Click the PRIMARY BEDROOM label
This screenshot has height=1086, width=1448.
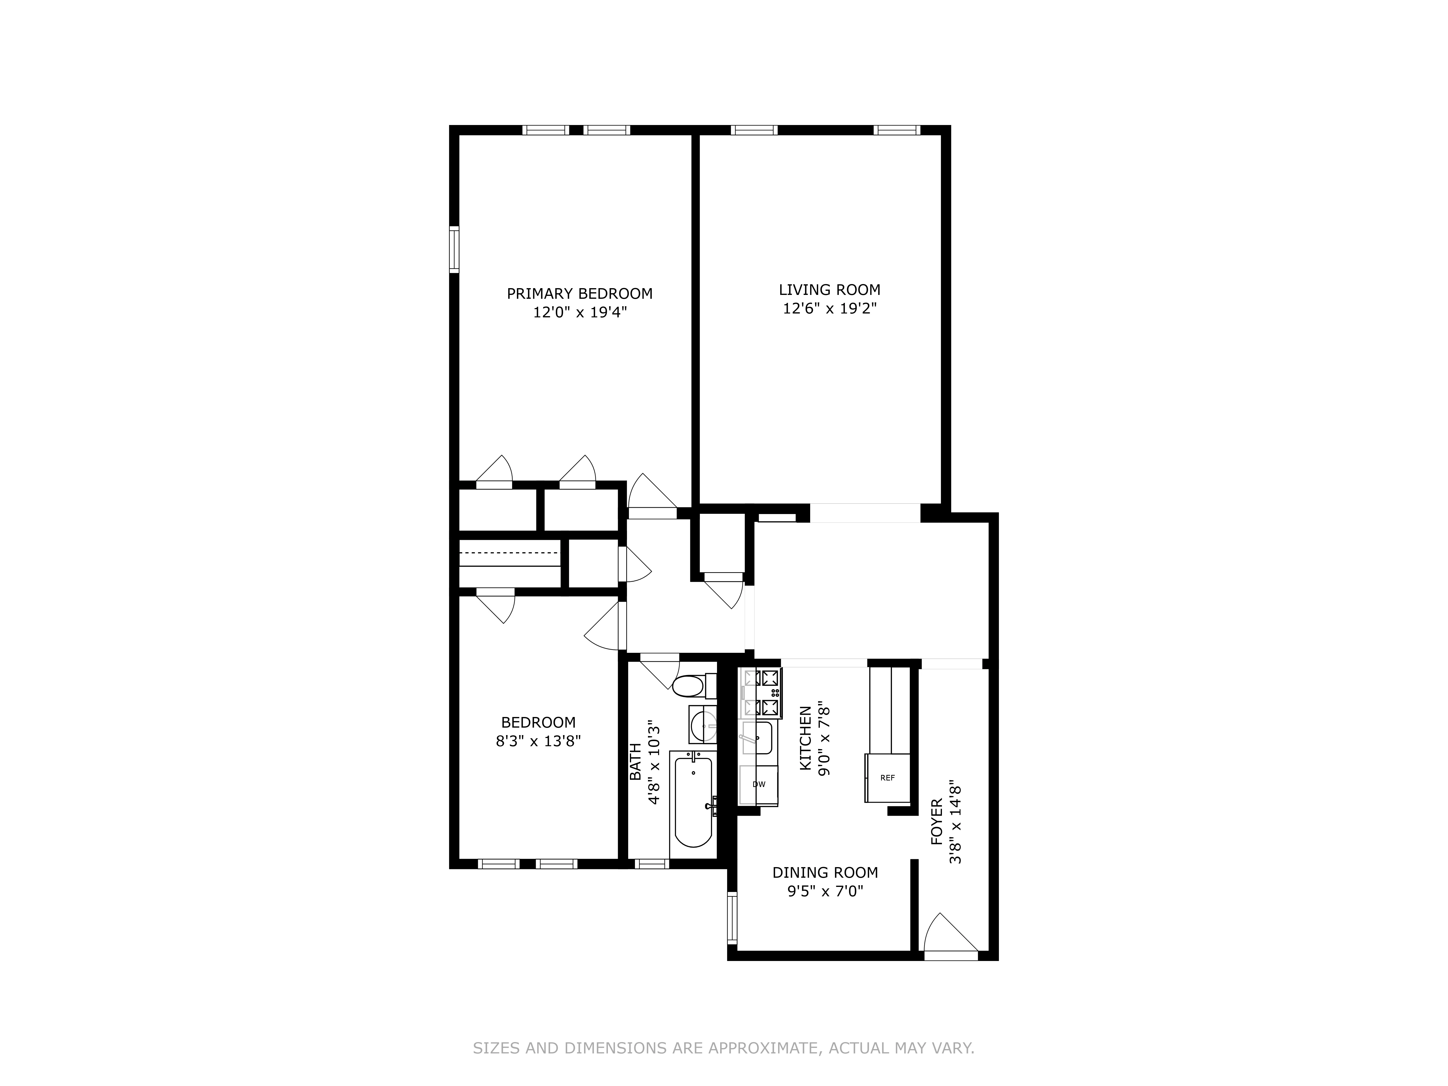coord(579,294)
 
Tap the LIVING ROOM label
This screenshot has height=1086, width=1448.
coord(829,290)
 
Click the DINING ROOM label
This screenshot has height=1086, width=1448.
coord(825,873)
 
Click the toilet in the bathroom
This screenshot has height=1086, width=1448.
coord(689,687)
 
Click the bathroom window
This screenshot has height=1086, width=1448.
coord(652,864)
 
